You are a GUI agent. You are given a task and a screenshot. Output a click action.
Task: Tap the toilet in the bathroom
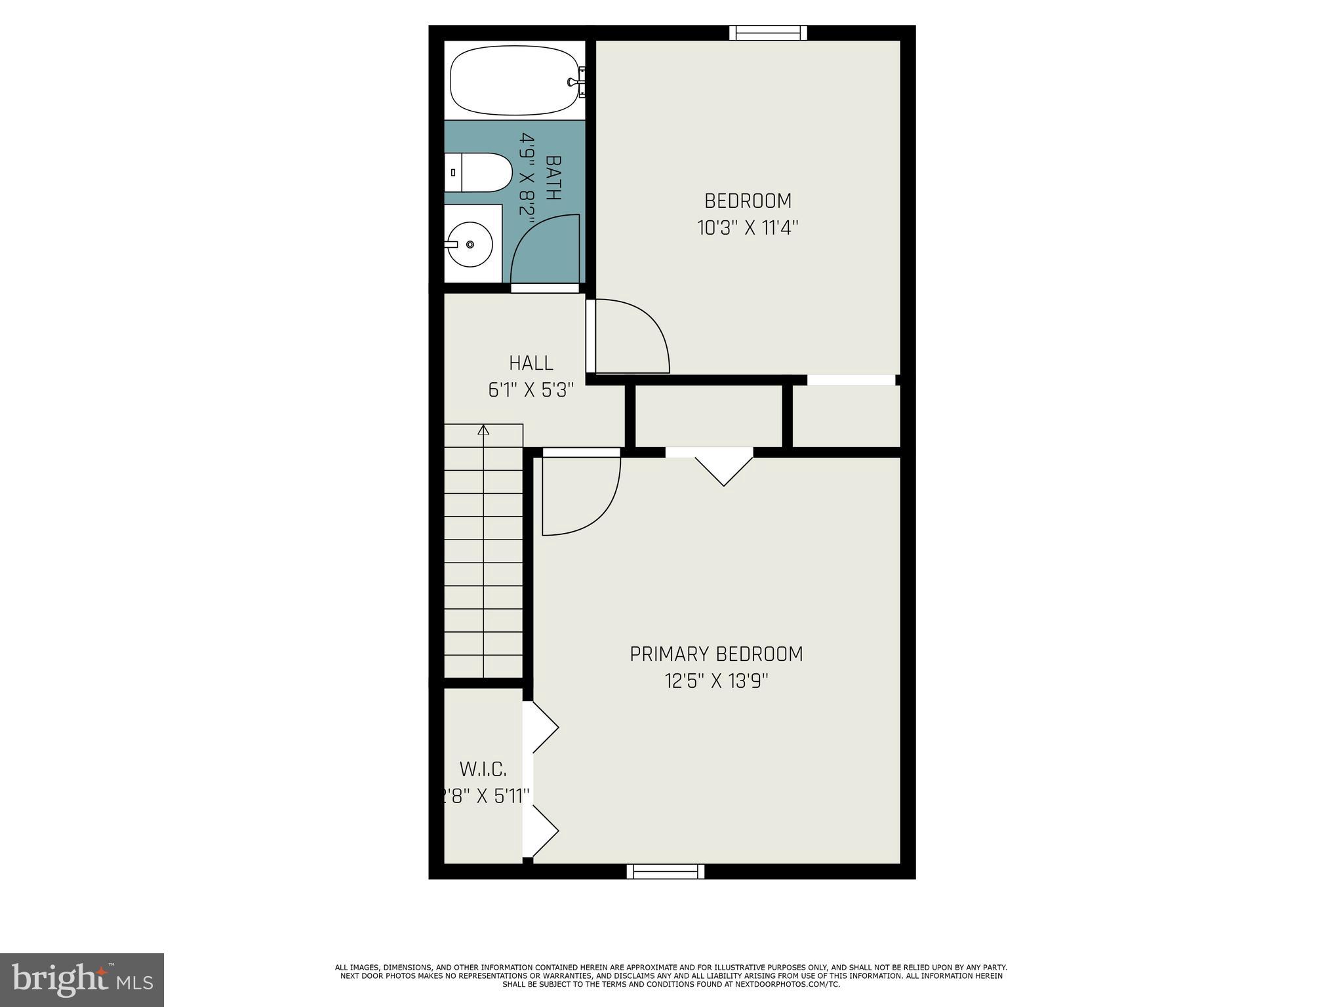(478, 172)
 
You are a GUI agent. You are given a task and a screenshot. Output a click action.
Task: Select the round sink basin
(470, 244)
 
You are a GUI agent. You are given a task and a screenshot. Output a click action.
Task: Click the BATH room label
(553, 178)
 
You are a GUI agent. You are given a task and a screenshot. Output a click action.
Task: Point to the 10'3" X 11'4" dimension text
(747, 228)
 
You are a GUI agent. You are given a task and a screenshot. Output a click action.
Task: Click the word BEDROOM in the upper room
(748, 201)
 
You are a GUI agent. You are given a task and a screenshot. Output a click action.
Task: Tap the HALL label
(531, 363)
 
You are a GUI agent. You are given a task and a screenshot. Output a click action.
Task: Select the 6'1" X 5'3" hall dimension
(531, 390)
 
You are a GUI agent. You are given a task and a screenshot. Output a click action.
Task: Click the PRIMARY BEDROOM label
(716, 654)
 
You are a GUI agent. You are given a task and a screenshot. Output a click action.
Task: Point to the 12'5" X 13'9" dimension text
(716, 681)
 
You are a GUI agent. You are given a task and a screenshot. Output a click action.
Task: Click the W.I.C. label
(483, 768)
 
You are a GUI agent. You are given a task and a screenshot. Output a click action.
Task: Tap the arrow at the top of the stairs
(484, 430)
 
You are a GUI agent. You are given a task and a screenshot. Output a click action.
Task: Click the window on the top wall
(768, 33)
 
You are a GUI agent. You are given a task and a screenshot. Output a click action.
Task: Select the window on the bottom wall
(665, 871)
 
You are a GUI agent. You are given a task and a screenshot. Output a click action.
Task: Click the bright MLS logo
(81, 979)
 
